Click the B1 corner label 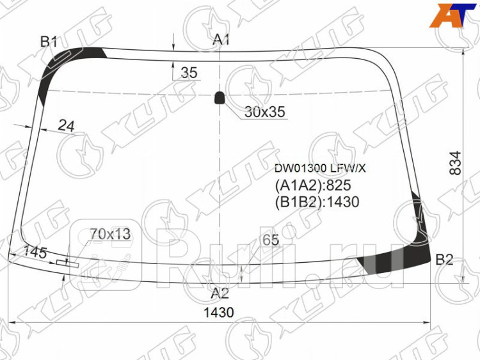tap(49, 42)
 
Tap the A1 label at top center tap(221, 40)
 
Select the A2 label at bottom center tap(220, 293)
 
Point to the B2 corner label tap(444, 260)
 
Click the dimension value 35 tap(189, 73)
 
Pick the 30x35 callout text tap(265, 112)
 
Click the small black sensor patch tap(219, 98)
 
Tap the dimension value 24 tap(66, 126)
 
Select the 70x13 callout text tap(110, 234)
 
